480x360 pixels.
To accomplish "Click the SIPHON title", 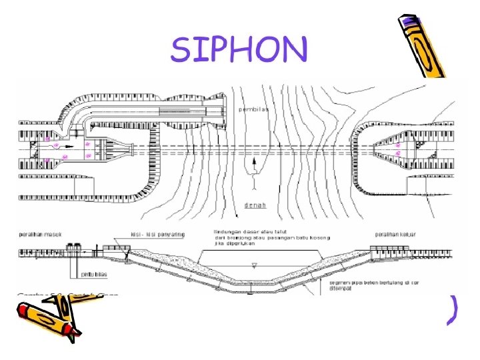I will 240,49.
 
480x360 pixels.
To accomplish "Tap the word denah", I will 255,205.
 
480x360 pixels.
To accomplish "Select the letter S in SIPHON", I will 182,49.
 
